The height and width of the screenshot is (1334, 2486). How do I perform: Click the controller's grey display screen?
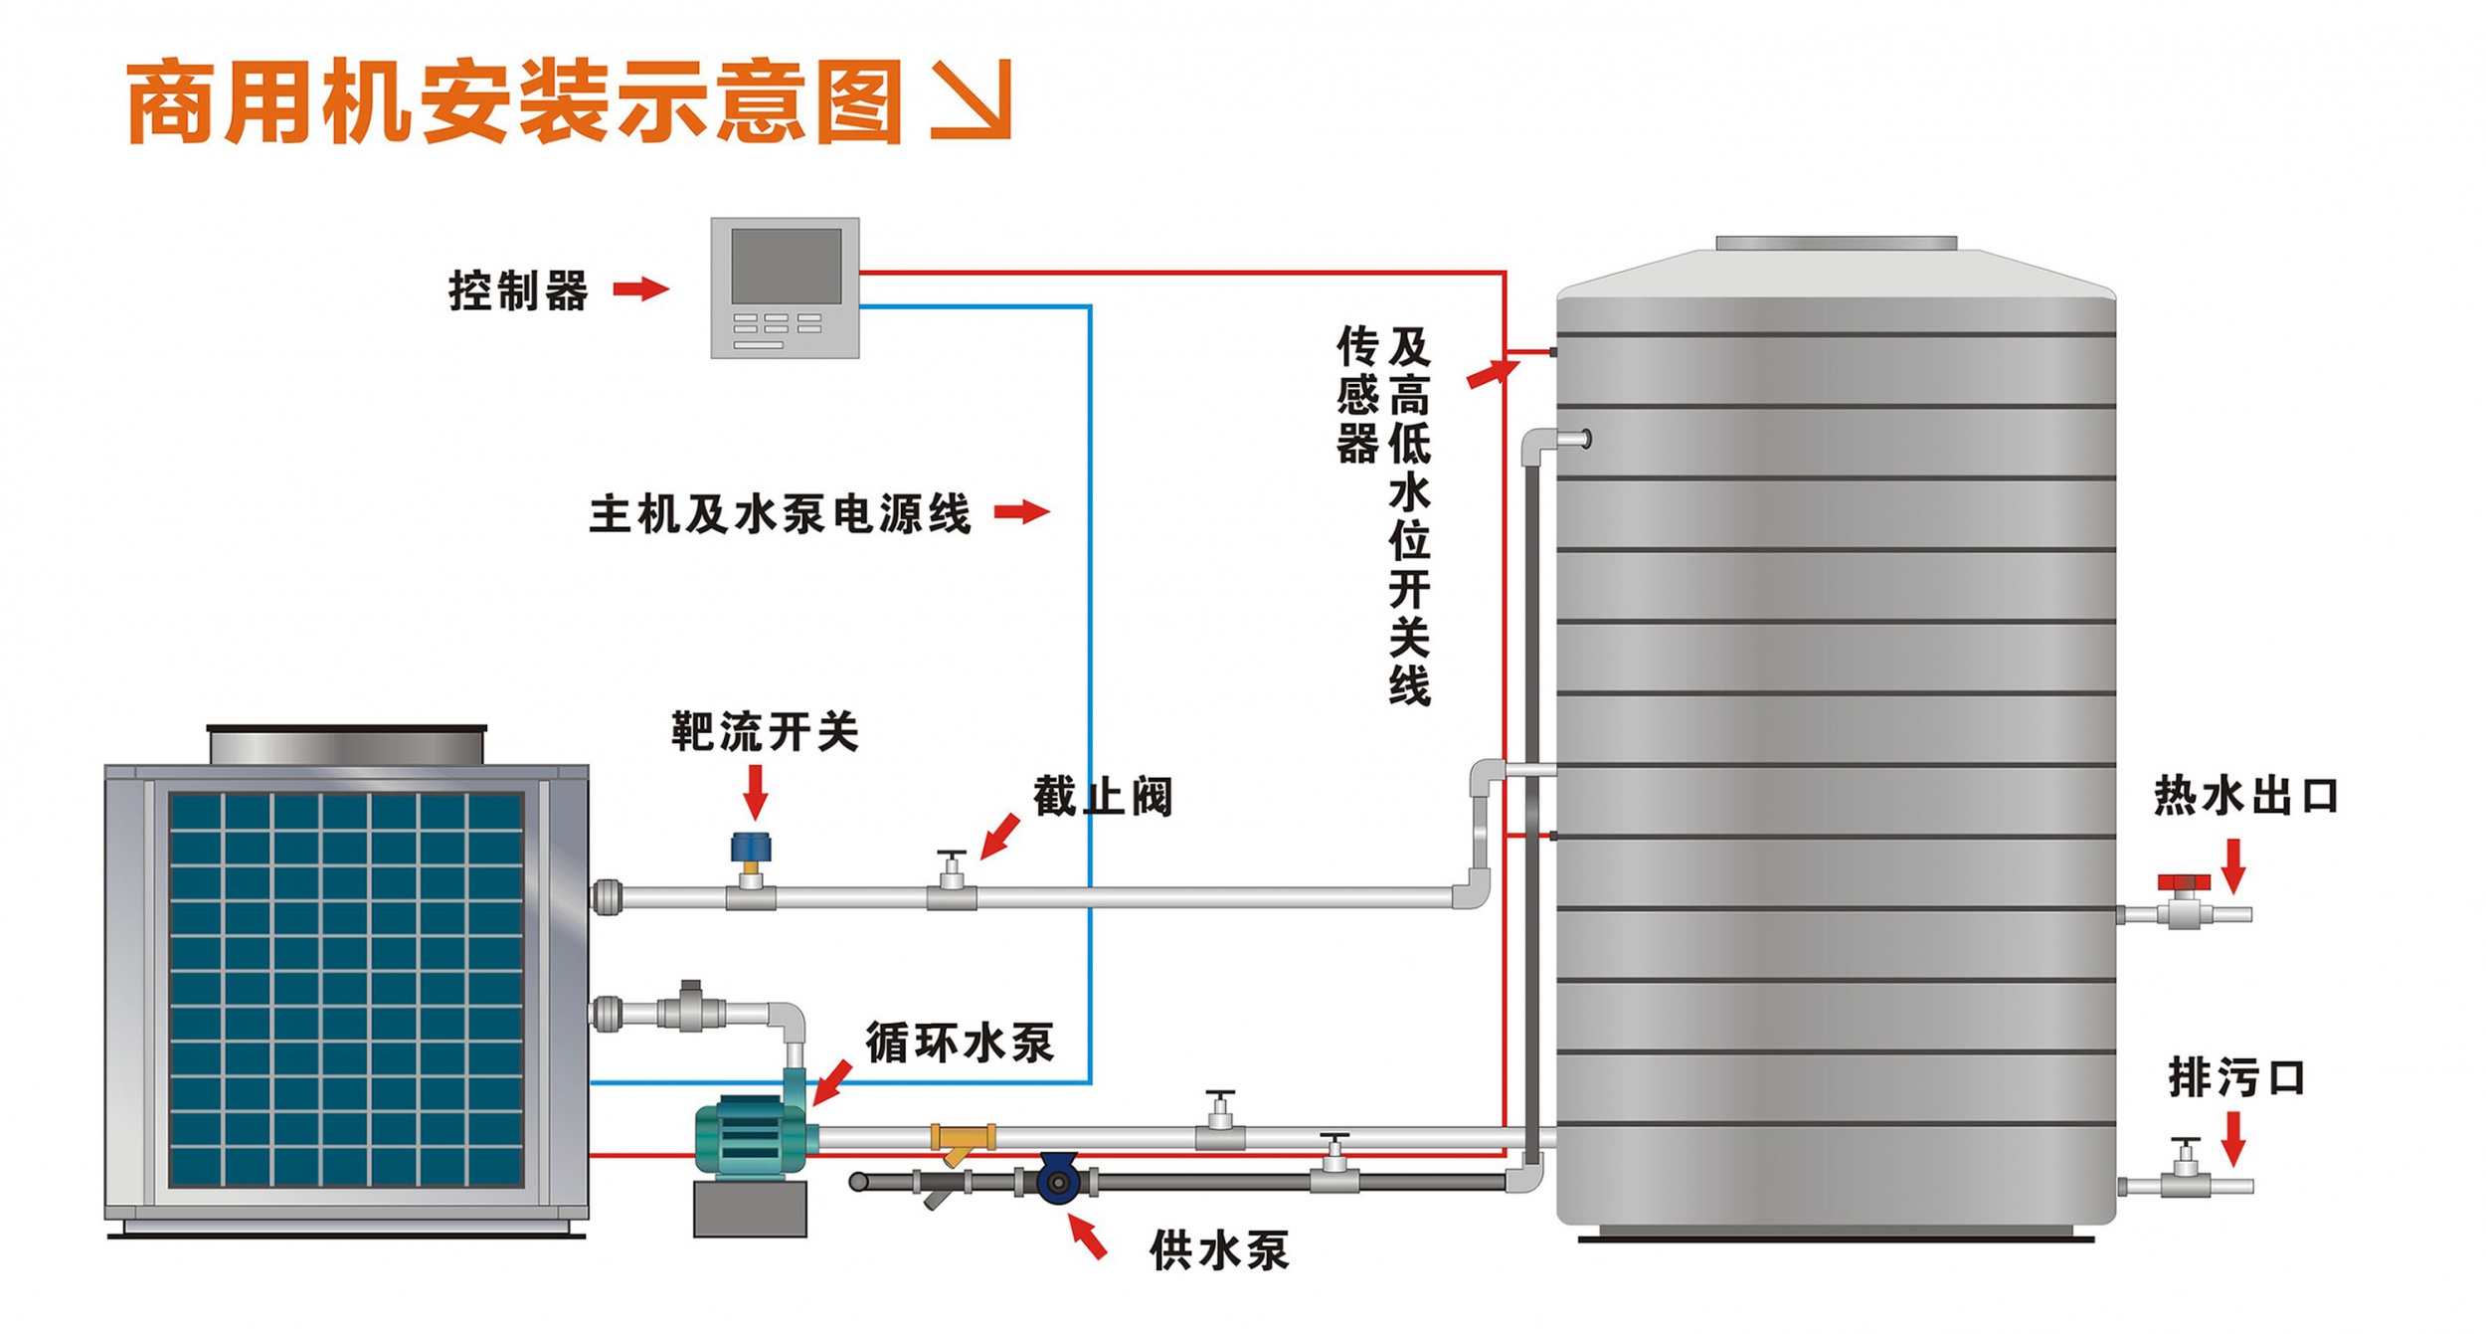click(x=786, y=266)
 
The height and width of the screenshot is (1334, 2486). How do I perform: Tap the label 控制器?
click(x=518, y=290)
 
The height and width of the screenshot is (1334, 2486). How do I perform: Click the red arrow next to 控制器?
click(x=640, y=289)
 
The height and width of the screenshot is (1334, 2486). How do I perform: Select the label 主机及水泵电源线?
click(x=780, y=514)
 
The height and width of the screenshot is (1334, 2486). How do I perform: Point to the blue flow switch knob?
click(x=751, y=849)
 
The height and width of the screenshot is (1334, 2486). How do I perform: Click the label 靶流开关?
click(x=764, y=732)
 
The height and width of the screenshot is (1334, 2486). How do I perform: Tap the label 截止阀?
click(x=1102, y=797)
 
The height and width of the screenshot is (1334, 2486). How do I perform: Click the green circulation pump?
click(x=748, y=1136)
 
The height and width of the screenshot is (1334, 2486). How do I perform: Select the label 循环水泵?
click(x=959, y=1043)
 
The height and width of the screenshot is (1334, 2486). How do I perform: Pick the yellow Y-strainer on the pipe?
click(x=962, y=1140)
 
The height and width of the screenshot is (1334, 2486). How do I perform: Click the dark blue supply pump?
click(x=1058, y=1181)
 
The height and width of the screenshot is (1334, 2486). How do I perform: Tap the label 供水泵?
click(x=1218, y=1250)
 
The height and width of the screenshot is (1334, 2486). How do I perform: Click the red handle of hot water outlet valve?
click(x=2184, y=882)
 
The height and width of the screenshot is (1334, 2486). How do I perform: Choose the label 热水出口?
click(x=2245, y=797)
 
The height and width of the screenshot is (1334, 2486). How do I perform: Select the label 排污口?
click(x=2236, y=1077)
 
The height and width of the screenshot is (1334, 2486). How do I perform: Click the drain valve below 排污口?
click(x=2186, y=1174)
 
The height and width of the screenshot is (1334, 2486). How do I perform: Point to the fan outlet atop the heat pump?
click(x=346, y=745)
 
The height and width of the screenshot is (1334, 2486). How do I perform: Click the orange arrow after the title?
click(x=972, y=98)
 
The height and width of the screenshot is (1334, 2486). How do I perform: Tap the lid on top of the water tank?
click(x=1836, y=244)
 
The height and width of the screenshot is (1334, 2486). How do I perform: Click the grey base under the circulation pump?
click(x=750, y=1209)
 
